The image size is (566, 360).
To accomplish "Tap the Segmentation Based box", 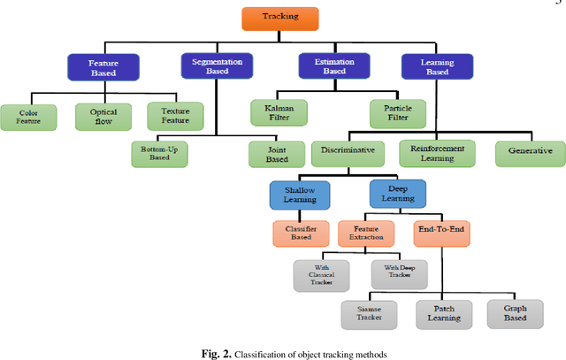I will pos(216,66).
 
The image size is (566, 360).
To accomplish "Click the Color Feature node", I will pos(28,117).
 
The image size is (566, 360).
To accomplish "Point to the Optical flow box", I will pos(103,117).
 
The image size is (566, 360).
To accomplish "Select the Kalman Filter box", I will pos(279,112).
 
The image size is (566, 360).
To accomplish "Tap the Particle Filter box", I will pos(397,112).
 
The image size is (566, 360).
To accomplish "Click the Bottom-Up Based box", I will pos(159,152).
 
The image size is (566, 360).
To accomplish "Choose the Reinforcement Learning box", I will pos(437,152).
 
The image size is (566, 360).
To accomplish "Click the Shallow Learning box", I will pos(300,194).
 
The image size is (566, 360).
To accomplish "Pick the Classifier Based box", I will pos(300,234).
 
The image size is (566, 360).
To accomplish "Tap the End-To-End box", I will pos(440,232).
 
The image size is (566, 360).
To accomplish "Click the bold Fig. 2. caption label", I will pos(216,352).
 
